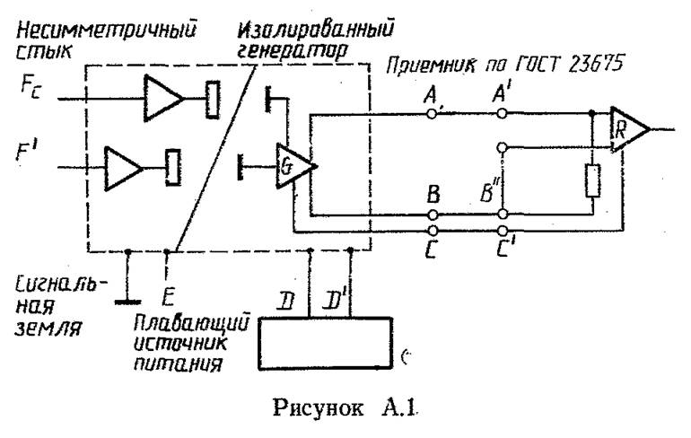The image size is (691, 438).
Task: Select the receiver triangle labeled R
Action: pos(627,129)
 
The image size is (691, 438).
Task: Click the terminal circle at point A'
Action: pos(503,114)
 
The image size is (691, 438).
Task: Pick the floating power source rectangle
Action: pos(328,342)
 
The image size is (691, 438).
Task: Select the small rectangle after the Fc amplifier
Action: pos(213,98)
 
